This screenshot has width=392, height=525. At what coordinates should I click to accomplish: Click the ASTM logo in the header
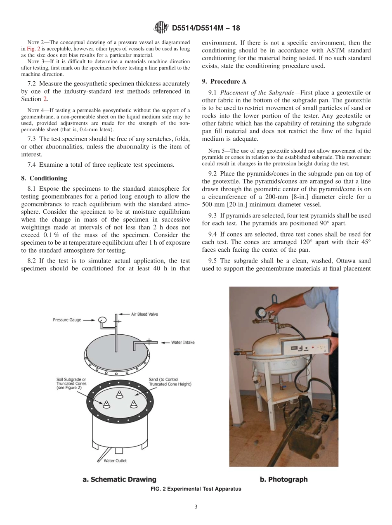(x=161, y=28)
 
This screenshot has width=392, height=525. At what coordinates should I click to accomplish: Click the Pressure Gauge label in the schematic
(x=67, y=319)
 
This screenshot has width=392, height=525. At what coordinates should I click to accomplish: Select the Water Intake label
(x=183, y=342)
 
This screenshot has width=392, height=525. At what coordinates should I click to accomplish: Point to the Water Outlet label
(x=115, y=461)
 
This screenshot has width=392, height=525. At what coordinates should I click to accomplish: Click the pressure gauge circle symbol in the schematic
(x=102, y=319)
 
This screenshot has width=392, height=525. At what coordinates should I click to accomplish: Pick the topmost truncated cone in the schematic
(x=120, y=394)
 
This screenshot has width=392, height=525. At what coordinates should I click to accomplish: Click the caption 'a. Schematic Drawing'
(x=119, y=479)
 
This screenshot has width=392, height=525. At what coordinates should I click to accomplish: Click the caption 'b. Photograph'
(x=283, y=479)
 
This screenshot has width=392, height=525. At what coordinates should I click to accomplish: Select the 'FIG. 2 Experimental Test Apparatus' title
(x=196, y=489)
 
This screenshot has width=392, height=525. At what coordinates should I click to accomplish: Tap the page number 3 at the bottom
(x=196, y=507)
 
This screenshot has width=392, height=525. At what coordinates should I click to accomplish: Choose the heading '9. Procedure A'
(x=224, y=81)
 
